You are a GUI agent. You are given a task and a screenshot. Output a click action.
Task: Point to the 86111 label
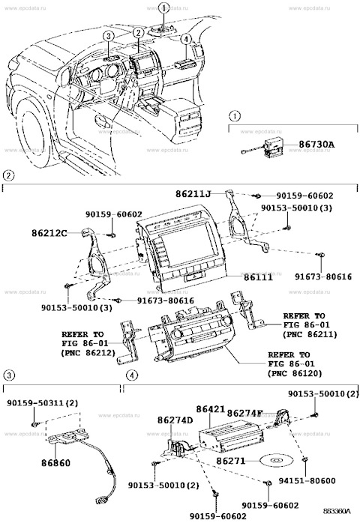point(260,276)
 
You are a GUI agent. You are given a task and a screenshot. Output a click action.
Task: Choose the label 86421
point(211,410)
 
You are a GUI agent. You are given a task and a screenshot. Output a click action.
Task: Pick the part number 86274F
point(246,413)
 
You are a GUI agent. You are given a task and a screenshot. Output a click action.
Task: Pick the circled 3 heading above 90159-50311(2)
point(9,374)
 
